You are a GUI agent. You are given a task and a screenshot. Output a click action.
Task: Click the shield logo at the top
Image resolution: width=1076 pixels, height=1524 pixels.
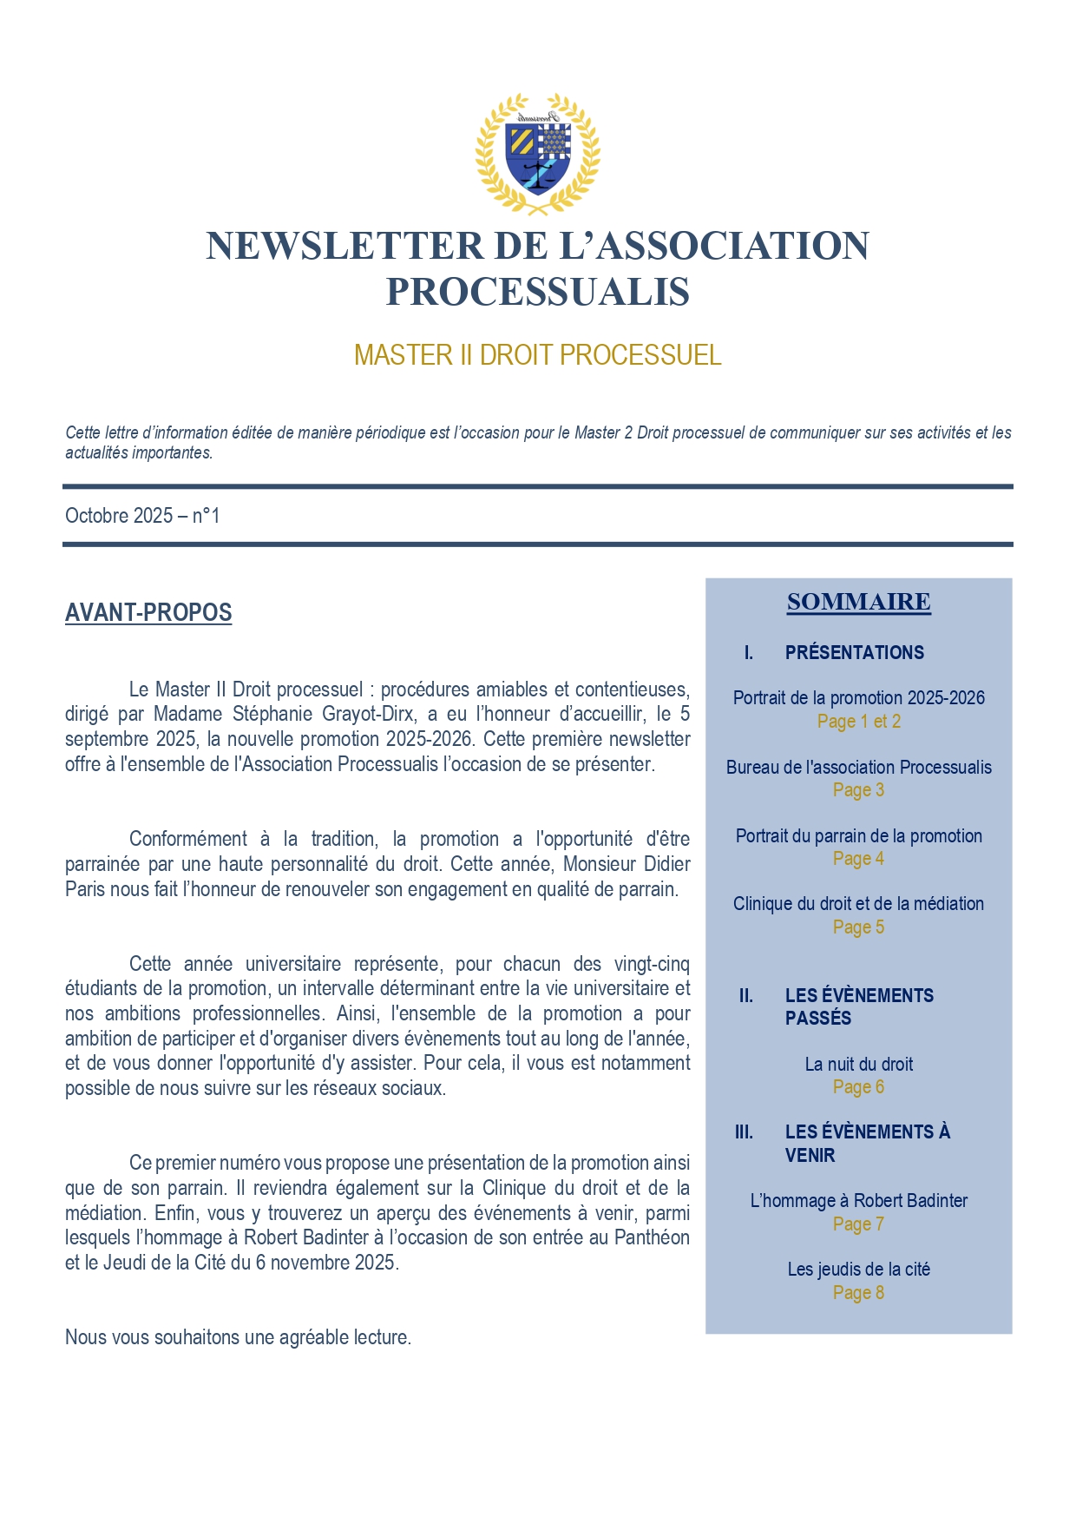coord(537,154)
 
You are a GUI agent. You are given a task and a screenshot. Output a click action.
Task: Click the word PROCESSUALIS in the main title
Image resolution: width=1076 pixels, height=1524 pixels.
coord(537,292)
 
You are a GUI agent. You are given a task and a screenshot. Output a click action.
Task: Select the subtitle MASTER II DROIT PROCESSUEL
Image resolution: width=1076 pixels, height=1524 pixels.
coord(537,355)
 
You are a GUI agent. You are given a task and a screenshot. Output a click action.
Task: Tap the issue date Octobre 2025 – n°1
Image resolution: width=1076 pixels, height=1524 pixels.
coord(142,516)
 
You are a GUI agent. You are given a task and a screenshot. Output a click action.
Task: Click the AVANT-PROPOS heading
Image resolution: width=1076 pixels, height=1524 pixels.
coord(148,613)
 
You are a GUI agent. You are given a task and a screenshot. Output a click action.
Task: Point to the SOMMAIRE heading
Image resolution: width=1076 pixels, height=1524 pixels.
coord(858,602)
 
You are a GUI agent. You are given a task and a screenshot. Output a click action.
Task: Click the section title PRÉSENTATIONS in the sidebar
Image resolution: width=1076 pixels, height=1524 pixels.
coord(854,653)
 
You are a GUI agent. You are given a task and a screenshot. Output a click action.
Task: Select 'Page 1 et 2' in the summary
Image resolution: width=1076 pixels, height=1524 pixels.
coord(858,722)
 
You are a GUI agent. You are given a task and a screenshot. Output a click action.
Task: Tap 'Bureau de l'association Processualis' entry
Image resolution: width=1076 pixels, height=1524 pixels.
coord(858,768)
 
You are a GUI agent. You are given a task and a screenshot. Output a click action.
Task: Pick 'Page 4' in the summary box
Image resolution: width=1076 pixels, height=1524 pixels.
coord(858,859)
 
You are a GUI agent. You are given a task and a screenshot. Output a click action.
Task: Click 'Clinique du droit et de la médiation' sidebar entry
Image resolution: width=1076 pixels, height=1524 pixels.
coord(858,904)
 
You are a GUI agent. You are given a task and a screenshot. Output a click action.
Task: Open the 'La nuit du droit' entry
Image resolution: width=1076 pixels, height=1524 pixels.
coord(858,1065)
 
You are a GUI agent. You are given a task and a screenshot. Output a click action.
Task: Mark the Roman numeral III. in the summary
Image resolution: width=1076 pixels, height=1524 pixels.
coord(744,1132)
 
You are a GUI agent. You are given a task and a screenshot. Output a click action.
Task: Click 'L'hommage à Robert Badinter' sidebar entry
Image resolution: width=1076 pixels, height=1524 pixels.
coord(858,1201)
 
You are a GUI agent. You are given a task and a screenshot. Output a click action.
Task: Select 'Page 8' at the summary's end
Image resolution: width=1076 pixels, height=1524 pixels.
coord(858,1293)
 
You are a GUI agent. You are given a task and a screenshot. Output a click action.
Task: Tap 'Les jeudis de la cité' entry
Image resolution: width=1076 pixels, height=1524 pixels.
coord(858,1270)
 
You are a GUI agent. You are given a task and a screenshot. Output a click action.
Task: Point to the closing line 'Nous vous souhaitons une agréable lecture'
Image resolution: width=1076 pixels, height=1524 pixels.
coord(238,1338)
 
